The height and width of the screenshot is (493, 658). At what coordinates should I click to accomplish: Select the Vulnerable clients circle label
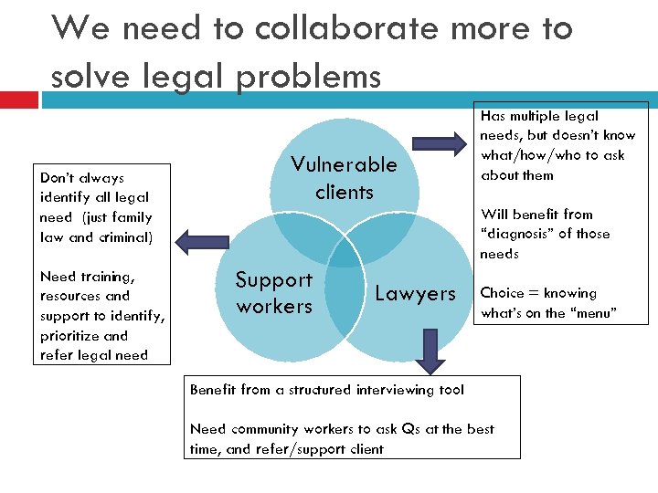344,178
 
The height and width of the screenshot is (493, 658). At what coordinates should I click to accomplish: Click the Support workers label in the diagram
274,293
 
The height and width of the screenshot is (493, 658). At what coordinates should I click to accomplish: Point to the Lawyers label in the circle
415,293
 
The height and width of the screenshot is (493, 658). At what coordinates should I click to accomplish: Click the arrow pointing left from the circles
201,240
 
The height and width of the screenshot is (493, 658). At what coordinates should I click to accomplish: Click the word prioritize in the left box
71,336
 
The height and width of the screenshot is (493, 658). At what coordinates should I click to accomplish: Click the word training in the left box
106,277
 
